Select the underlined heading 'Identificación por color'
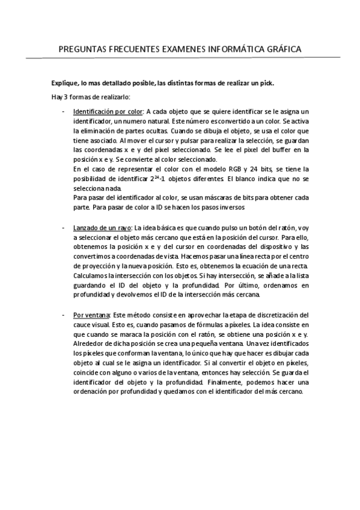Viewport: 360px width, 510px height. pos(107,111)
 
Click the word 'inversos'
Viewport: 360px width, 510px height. pos(228,207)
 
